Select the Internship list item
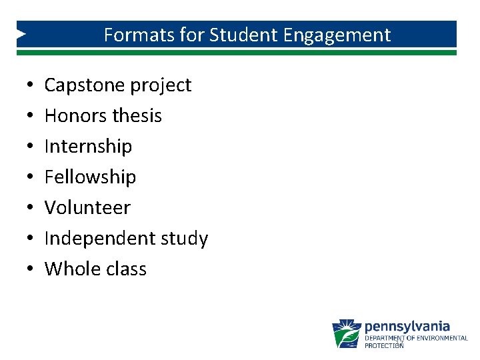(88, 147)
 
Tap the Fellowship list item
(90, 177)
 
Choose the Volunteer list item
(87, 208)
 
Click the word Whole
(69, 269)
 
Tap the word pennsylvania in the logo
(407, 327)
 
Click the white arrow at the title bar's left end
(21, 33)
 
